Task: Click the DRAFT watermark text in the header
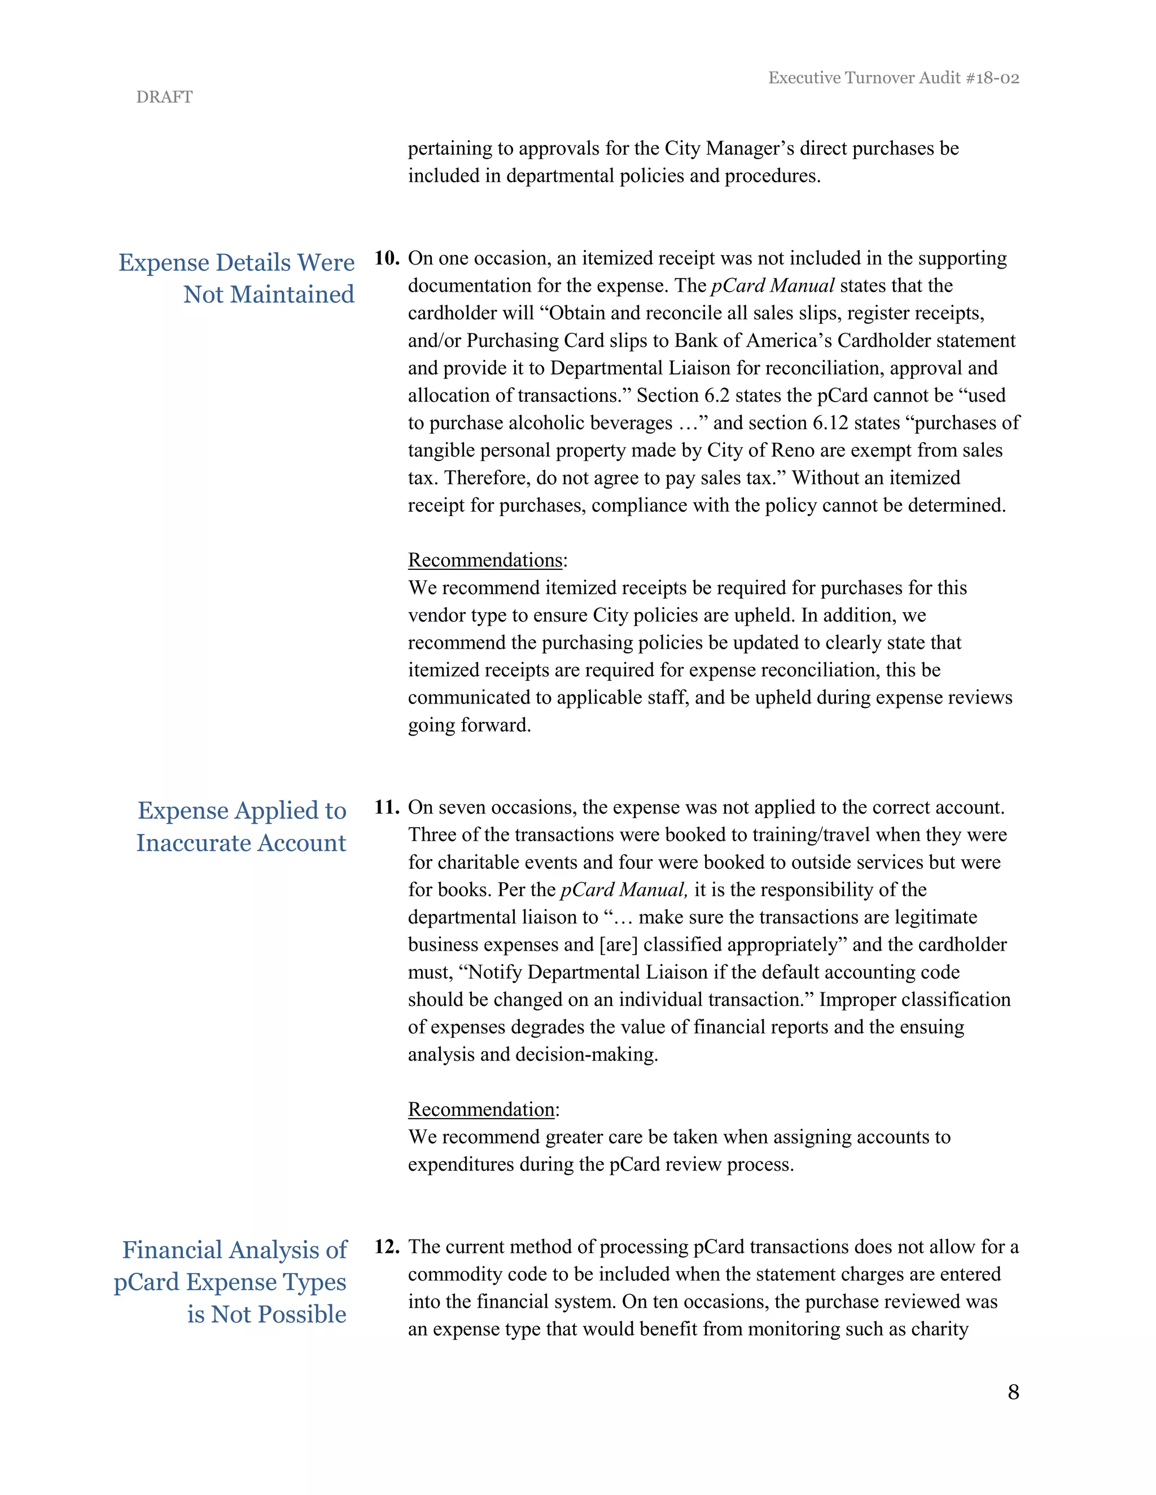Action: [x=164, y=97]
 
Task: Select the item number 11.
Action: [x=386, y=807]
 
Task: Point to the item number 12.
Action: [x=386, y=1247]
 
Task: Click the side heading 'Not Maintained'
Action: [x=269, y=294]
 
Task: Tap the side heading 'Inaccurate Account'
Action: [x=241, y=843]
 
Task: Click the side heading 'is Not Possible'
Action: [x=266, y=1314]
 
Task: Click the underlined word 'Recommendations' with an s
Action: [x=485, y=560]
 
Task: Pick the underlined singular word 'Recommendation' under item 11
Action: [x=481, y=1109]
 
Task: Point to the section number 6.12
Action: [x=830, y=423]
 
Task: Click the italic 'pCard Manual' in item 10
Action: [x=773, y=285]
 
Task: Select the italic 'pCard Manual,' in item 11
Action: [x=624, y=890]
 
